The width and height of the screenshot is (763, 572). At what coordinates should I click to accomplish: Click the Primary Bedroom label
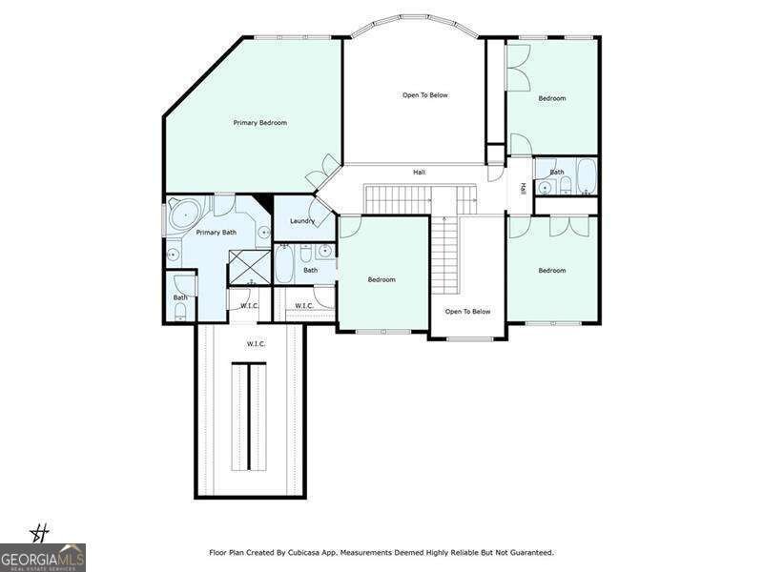[x=259, y=123]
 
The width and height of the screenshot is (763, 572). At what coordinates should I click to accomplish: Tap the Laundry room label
[x=302, y=221]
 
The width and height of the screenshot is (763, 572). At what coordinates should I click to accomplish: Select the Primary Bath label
[x=217, y=233]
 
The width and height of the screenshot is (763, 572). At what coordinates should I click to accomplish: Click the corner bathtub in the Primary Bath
[x=185, y=214]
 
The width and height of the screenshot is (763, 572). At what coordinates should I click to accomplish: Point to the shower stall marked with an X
[x=250, y=267]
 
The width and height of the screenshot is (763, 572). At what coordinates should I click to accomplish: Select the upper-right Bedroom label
[x=552, y=98]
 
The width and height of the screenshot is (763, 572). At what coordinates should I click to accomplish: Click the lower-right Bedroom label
[x=552, y=271]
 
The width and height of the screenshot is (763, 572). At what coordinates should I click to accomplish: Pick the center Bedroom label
[x=381, y=279]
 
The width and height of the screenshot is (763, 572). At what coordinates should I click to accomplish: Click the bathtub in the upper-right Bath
[x=587, y=175]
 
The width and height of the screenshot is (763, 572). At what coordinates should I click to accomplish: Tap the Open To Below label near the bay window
[x=424, y=94]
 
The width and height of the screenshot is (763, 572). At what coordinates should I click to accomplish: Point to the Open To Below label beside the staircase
[x=467, y=312]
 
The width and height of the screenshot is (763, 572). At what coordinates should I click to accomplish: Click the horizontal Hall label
[x=419, y=173]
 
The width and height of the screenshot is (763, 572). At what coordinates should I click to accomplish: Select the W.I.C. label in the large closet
[x=256, y=344]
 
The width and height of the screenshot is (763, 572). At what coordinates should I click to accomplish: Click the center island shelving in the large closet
[x=249, y=417]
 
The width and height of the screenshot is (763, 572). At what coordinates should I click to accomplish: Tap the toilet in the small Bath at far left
[x=180, y=311]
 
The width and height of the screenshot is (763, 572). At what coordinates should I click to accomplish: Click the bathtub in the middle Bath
[x=283, y=264]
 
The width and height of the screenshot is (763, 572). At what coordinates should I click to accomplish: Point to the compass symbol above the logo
[x=40, y=534]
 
